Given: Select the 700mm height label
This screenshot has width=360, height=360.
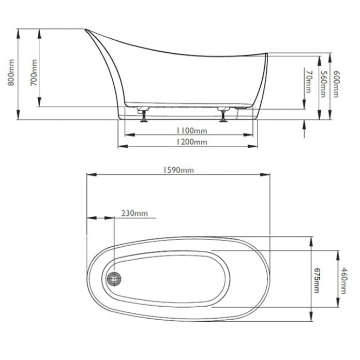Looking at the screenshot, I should [x=34, y=72].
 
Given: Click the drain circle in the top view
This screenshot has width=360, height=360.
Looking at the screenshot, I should [x=114, y=279].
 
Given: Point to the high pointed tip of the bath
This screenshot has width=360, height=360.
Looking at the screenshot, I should [x=86, y=30].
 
